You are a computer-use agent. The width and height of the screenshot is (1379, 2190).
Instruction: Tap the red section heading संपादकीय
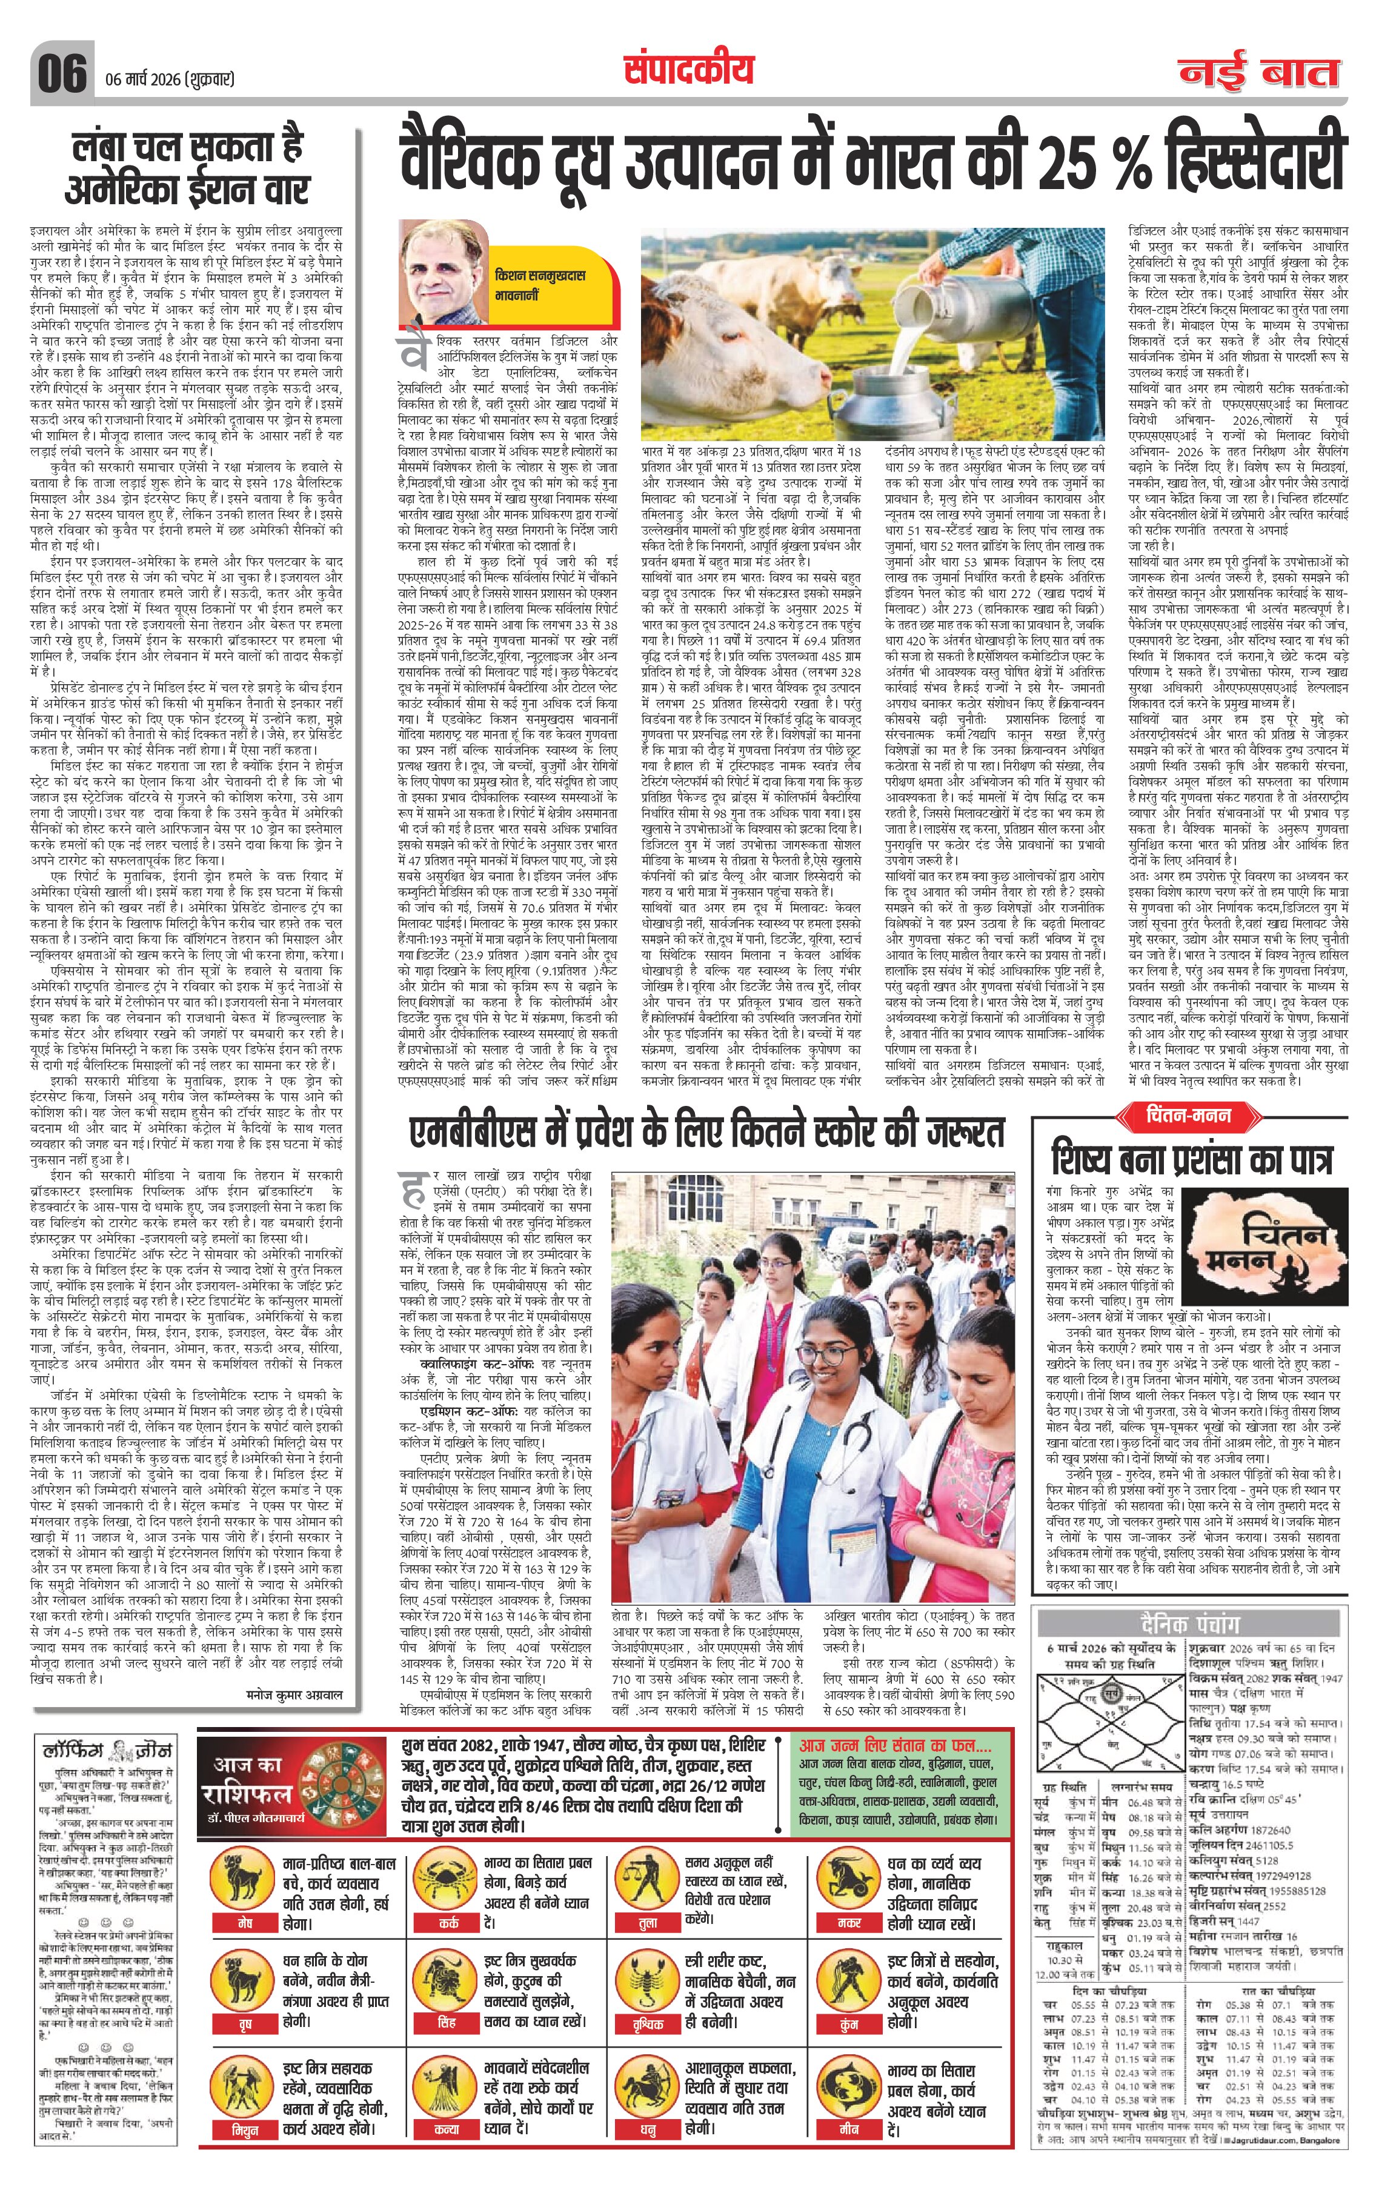(x=688, y=70)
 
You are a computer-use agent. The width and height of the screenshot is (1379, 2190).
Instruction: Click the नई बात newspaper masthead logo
(x=1260, y=73)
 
